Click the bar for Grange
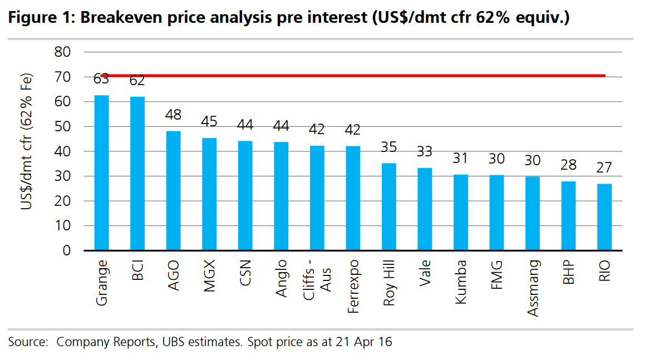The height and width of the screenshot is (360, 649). (101, 172)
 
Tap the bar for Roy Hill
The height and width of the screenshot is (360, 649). (389, 206)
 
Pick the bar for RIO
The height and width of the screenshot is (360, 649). (604, 217)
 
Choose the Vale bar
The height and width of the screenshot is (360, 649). (425, 209)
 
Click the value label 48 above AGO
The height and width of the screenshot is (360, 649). (173, 115)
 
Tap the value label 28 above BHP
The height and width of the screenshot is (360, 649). (568, 165)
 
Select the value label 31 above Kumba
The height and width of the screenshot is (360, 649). (460, 158)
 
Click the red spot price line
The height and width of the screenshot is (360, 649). (356, 76)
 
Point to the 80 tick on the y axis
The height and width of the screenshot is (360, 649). (62, 52)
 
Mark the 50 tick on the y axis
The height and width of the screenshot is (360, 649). (62, 126)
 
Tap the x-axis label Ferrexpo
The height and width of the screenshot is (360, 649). (352, 286)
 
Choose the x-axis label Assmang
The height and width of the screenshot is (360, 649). (533, 288)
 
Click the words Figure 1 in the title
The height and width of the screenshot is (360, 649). (39, 18)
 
